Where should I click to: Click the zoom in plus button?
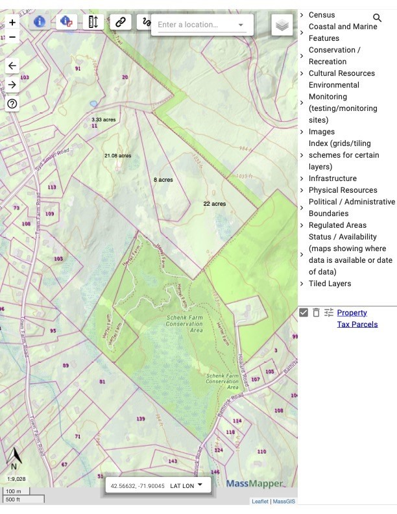12,23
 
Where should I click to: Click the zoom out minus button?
12,37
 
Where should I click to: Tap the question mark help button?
12,103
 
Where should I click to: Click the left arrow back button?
12,66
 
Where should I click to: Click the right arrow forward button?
12,84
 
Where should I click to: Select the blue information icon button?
39,21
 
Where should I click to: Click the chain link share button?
120,22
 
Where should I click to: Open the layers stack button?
282,25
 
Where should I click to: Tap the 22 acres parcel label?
214,204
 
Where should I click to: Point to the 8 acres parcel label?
163,179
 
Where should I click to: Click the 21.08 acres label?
117,156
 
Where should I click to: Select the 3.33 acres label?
103,120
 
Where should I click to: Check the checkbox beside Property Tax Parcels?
304,312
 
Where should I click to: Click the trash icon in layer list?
316,312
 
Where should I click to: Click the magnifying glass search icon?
378,18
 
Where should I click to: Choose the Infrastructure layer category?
332,178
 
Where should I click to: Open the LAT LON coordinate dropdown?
187,485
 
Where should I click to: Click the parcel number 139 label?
141,419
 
